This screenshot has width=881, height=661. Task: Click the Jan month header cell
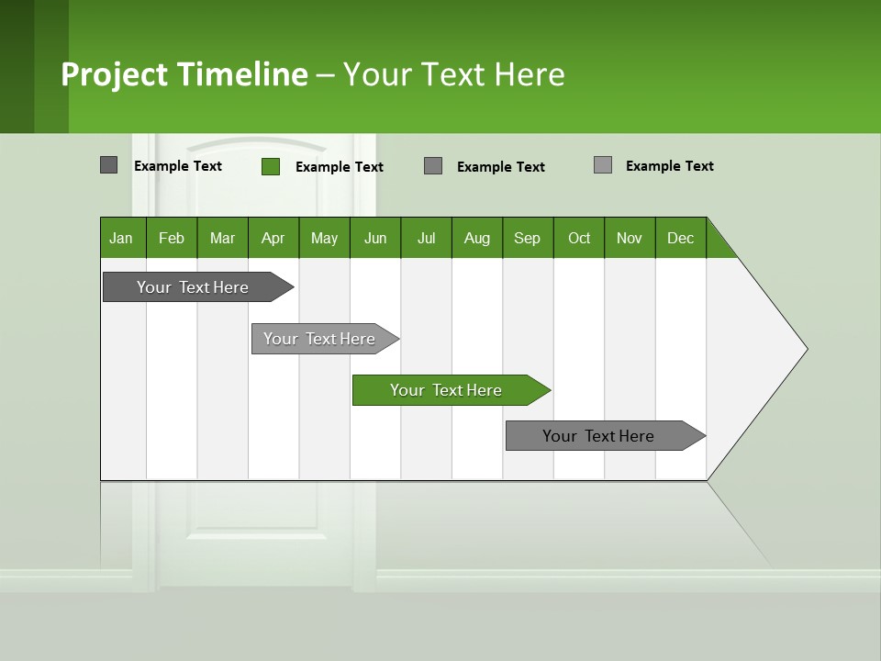122,238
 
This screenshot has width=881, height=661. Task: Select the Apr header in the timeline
273,238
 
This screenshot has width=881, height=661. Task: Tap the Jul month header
426,238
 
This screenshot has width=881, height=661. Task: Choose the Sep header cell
528,238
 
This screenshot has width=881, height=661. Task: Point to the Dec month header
680,238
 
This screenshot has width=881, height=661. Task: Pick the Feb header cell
172,238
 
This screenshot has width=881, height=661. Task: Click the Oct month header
579,238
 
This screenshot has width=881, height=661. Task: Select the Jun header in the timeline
375,238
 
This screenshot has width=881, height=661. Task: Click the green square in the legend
271,166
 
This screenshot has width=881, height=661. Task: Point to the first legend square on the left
109,165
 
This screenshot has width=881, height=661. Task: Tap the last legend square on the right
603,165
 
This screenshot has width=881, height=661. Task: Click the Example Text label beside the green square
340,167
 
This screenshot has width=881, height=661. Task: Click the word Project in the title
115,74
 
